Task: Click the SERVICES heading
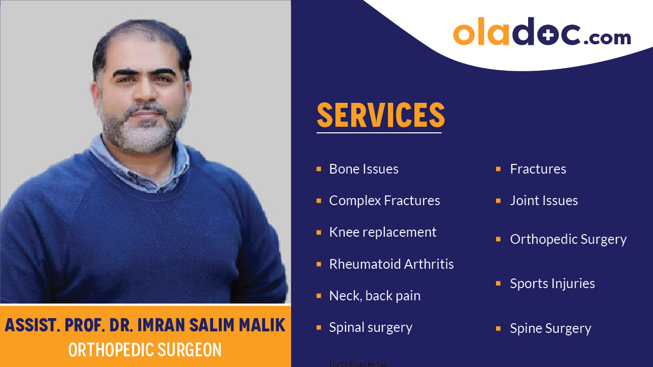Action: coord(381,115)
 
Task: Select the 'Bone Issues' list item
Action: coord(363,169)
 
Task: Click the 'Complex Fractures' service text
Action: coord(384,201)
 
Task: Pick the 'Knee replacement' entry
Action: coord(382,232)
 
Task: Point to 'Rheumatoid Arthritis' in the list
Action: coord(391,264)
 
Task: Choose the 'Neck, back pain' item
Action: coord(375,296)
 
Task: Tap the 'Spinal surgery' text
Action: coord(371,327)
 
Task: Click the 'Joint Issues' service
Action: coord(544,201)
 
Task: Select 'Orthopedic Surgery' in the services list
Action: coord(568,239)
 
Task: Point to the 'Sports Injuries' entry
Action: coord(552,284)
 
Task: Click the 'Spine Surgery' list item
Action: coord(551,328)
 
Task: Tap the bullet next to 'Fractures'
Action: coord(498,169)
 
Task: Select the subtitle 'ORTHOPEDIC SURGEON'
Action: coord(145,350)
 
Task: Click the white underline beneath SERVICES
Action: coord(379,133)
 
